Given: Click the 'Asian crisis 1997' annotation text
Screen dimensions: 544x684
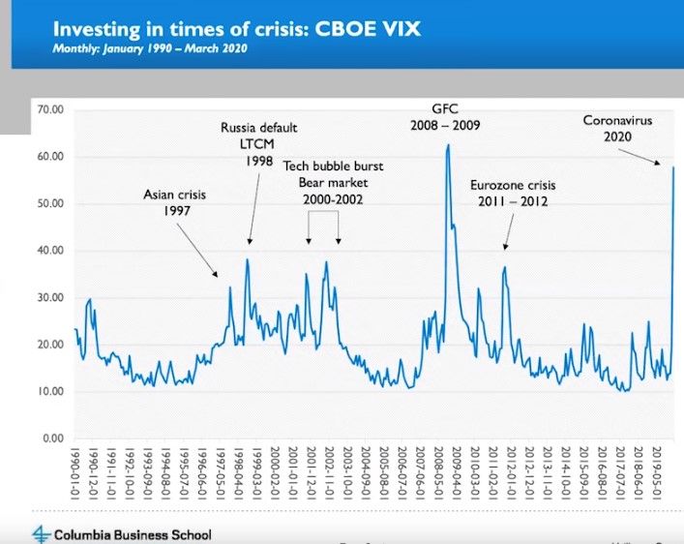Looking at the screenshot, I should [x=175, y=202].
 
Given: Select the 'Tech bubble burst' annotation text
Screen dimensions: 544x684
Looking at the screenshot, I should [x=324, y=166].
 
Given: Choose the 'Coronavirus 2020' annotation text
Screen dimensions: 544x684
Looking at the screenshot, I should [x=620, y=128].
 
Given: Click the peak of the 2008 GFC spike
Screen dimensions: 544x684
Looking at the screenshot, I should [x=448, y=145].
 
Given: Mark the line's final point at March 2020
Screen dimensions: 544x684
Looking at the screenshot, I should [x=673, y=167].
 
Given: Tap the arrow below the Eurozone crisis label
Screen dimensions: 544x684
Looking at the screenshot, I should [x=507, y=231].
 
